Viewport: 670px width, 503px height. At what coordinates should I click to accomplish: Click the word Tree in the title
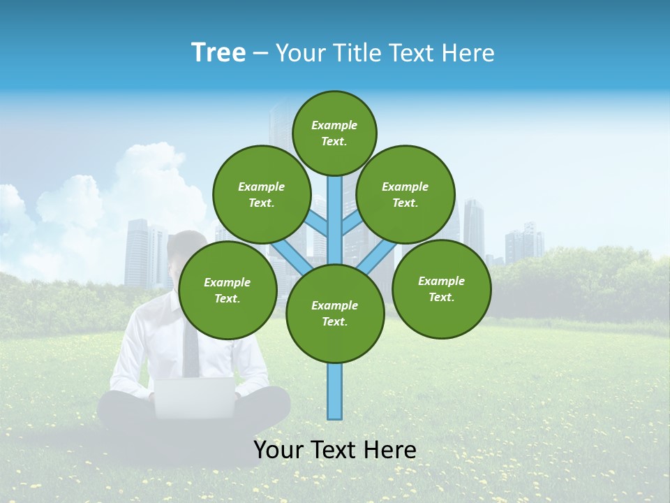click(x=218, y=53)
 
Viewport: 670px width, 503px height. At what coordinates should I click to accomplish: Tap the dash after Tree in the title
click(x=260, y=54)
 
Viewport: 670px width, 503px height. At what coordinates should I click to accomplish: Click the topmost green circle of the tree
click(x=334, y=133)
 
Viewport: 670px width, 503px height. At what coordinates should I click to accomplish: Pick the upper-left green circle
click(x=261, y=194)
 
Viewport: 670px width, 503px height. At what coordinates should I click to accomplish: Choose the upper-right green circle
click(x=405, y=194)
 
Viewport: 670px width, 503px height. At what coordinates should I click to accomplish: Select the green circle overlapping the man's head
click(x=228, y=290)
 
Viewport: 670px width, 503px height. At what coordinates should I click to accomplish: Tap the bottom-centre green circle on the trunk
click(x=335, y=313)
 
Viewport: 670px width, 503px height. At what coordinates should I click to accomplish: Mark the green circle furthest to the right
click(x=441, y=289)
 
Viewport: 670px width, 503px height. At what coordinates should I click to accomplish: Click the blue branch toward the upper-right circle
click(x=350, y=225)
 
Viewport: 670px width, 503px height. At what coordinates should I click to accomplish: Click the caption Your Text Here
click(x=335, y=450)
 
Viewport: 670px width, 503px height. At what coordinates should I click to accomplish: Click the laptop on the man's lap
click(x=194, y=398)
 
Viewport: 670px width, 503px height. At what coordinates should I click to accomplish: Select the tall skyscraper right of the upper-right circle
click(x=473, y=227)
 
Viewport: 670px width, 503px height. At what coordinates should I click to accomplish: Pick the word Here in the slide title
click(x=468, y=53)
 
